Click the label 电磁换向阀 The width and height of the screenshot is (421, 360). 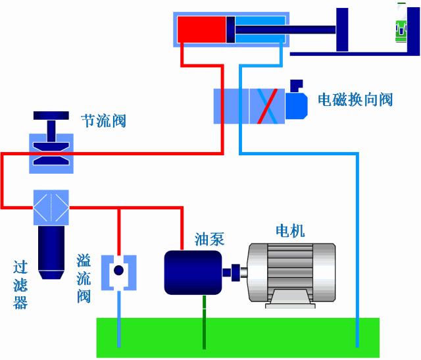pyautogui.click(x=355, y=100)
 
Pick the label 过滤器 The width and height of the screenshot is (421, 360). pyautogui.click(x=20, y=285)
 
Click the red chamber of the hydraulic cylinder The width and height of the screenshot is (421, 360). pyautogui.click(x=201, y=30)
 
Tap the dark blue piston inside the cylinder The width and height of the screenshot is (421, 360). pyautogui.click(x=230, y=30)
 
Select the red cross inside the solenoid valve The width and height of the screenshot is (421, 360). pyautogui.click(x=266, y=105)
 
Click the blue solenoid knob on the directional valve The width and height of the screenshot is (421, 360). pyautogui.click(x=296, y=102)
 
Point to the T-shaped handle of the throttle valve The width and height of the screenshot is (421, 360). pyautogui.click(x=51, y=125)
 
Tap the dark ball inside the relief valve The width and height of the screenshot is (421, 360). pyautogui.click(x=119, y=271)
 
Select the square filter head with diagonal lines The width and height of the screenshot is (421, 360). pyautogui.click(x=51, y=207)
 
